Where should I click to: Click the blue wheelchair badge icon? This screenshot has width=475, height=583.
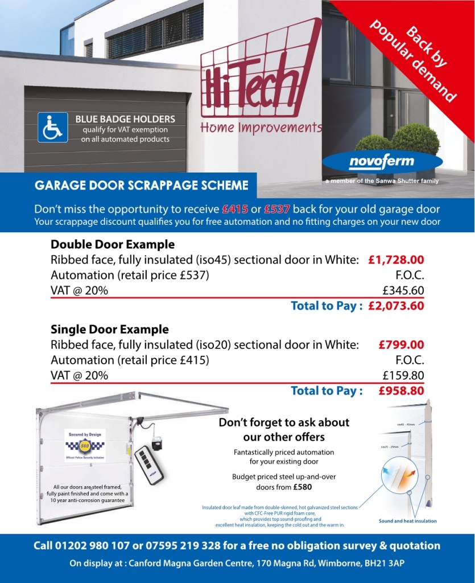(53, 128)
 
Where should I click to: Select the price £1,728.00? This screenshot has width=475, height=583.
(396, 260)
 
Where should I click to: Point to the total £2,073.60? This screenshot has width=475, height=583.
(396, 306)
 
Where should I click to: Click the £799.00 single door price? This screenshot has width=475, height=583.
(401, 344)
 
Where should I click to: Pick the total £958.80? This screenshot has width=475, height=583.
(401, 391)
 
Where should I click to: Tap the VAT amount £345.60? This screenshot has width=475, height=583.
(403, 290)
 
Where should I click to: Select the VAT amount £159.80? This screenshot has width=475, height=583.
(403, 375)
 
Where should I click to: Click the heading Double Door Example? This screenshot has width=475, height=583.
(113, 244)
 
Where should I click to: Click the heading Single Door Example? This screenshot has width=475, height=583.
(110, 329)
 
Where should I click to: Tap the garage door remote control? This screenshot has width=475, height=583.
(149, 463)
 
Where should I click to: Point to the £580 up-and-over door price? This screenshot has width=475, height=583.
(302, 487)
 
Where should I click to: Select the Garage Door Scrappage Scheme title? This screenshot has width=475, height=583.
(142, 186)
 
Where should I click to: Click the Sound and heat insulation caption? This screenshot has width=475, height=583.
(407, 521)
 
